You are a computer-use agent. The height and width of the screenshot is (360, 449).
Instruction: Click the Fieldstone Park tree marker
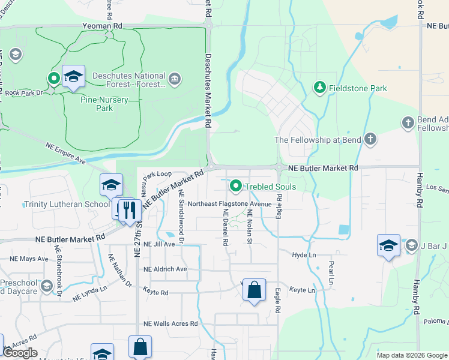[x=320, y=88]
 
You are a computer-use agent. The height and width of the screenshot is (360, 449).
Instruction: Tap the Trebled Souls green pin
[x=236, y=187]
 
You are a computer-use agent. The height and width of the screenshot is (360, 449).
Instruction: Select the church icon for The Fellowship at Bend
[x=370, y=140]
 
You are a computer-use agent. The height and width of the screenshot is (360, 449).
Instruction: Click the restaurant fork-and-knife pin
[x=129, y=211]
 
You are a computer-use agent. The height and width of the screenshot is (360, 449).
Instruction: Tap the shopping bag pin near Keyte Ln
[x=255, y=290]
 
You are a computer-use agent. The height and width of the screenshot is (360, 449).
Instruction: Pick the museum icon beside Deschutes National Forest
[x=174, y=77]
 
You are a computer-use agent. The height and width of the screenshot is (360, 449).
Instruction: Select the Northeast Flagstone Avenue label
[x=230, y=203]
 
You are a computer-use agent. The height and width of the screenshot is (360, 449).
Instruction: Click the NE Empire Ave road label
[x=65, y=152]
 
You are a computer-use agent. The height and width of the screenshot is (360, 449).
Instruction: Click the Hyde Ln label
[x=304, y=255]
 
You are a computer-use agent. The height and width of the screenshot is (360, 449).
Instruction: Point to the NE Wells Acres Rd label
[x=170, y=324]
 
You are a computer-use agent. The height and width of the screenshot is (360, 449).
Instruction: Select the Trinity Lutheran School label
[x=67, y=204]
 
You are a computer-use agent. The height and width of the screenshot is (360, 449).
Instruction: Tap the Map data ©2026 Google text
[x=412, y=355]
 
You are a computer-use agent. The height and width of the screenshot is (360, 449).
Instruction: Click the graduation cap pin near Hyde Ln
[x=388, y=245]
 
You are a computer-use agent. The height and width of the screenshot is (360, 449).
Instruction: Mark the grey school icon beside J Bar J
[x=411, y=245]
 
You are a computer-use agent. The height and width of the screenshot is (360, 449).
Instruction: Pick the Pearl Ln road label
[x=330, y=272]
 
